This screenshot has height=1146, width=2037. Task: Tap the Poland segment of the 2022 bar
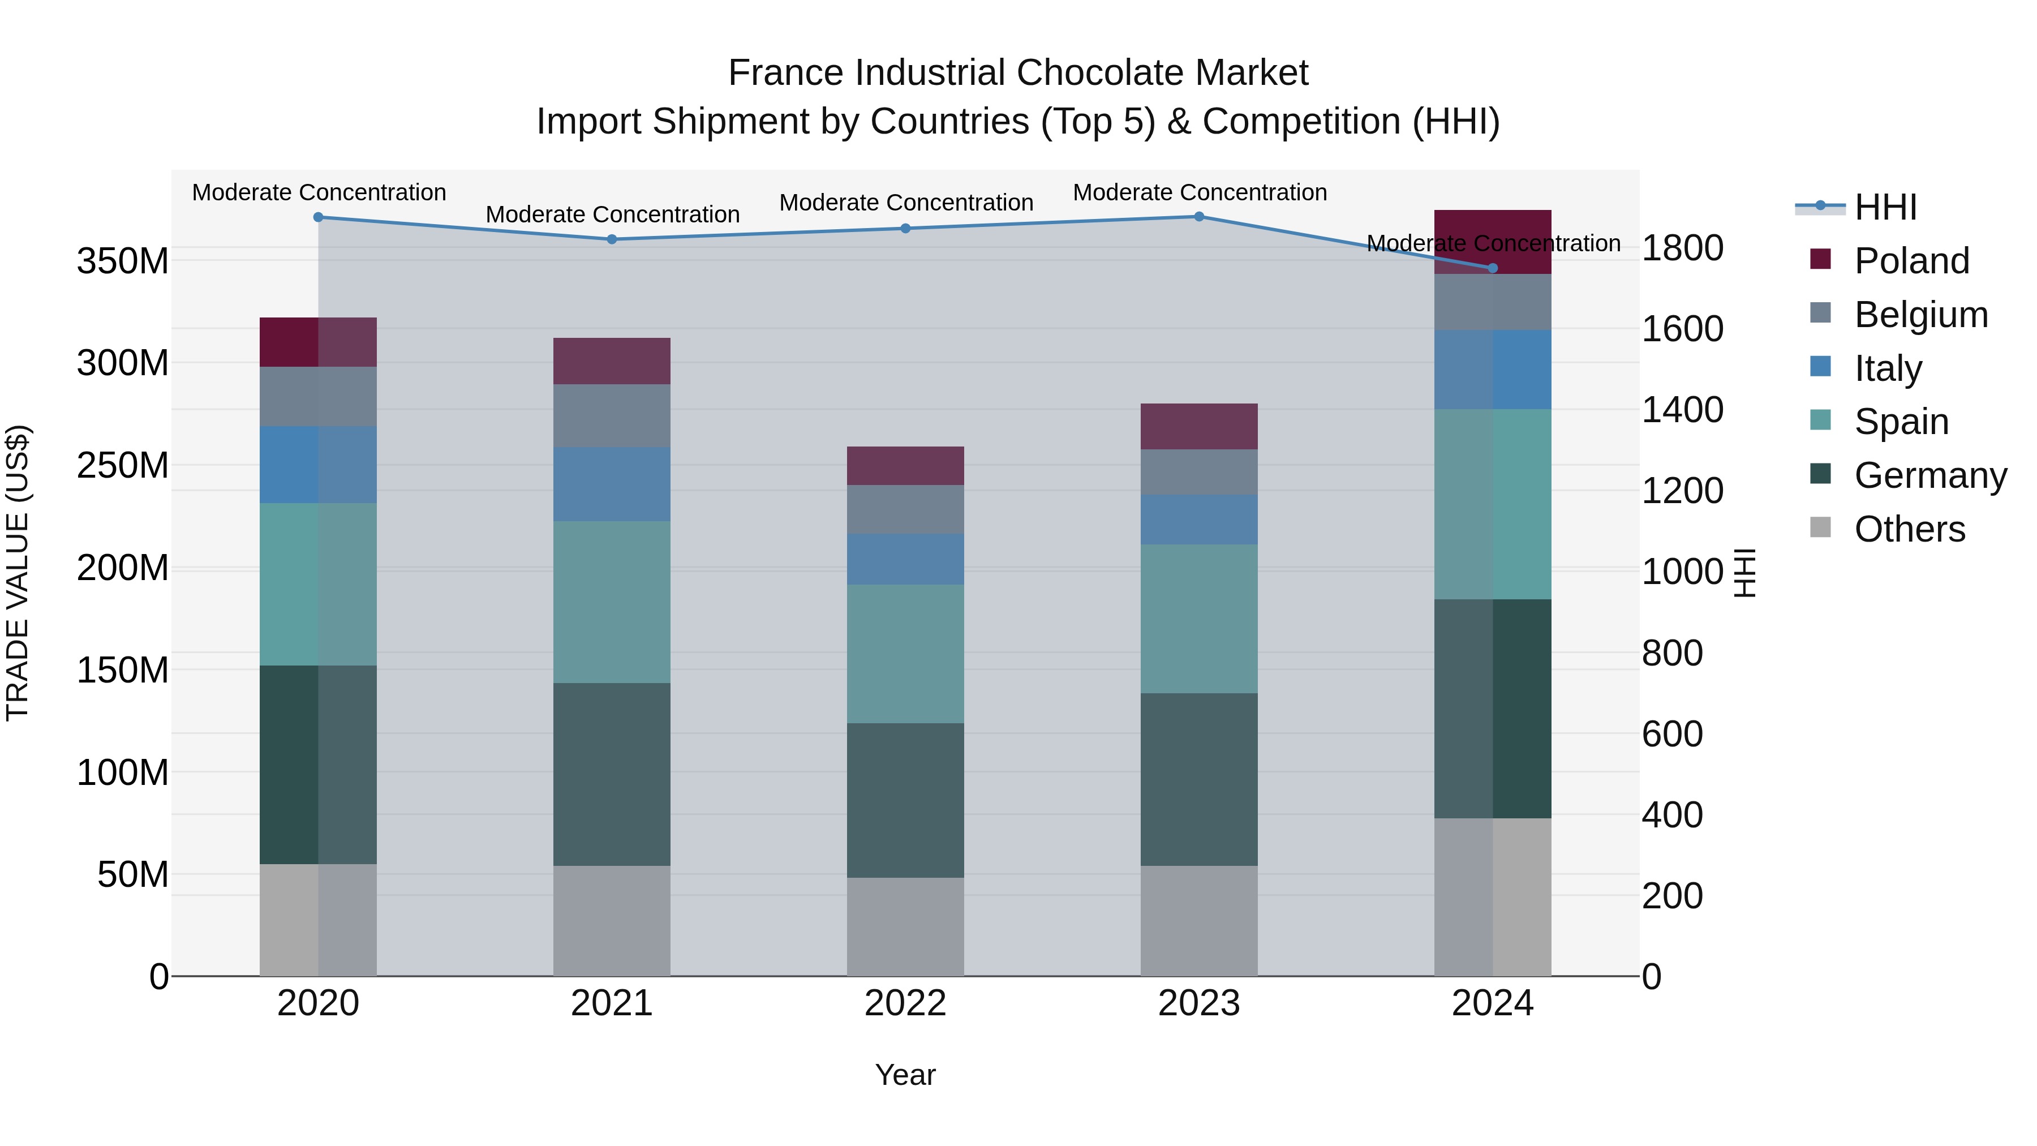tap(905, 465)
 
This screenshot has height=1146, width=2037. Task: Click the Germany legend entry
tap(1929, 475)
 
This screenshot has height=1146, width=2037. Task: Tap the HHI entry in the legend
tap(1885, 207)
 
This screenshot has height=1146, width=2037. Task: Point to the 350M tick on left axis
tap(123, 261)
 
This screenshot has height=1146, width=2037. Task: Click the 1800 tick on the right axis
tap(1683, 247)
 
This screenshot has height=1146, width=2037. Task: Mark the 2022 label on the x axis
tap(905, 1003)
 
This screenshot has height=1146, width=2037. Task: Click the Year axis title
tap(905, 1075)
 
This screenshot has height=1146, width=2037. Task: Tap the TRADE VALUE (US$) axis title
tap(18, 573)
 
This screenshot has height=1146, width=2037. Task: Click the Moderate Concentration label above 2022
tap(905, 203)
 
